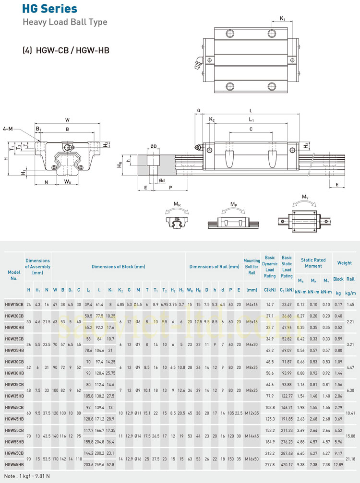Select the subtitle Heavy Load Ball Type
[65, 22]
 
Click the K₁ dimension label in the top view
[283, 19]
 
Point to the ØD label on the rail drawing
[153, 146]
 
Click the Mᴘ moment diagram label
[234, 204]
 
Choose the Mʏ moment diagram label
[305, 197]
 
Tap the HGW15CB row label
[14, 304]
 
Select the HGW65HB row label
[14, 464]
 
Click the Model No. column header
[14, 275]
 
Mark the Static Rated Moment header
[313, 263]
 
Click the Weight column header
[344, 263]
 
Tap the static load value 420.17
[287, 464]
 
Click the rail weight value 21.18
[350, 458]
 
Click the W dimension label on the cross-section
[67, 120]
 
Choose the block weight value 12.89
[338, 464]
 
